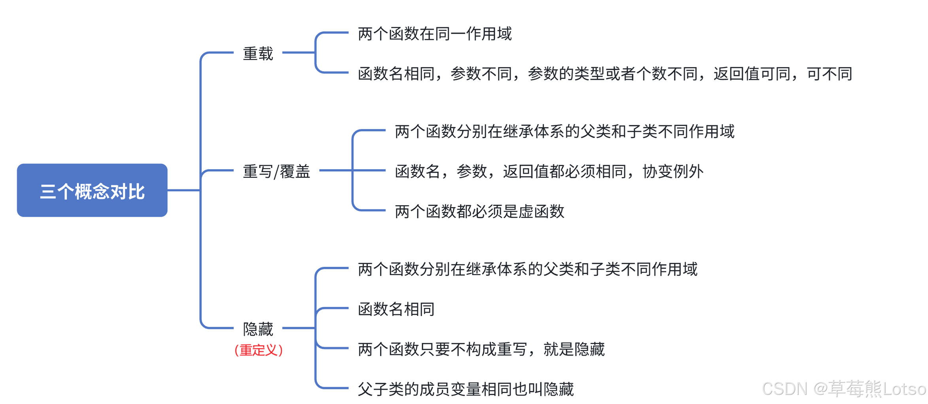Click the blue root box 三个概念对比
92,190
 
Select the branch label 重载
258,53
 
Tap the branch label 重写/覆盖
276,171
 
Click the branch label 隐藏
258,328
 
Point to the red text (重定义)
258,350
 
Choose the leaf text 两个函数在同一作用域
435,34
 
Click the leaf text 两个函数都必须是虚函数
479,211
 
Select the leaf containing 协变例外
549,171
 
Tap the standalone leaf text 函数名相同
396,309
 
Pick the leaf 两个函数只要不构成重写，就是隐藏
481,349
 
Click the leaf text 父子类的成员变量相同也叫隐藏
466,389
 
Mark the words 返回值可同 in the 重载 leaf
752,74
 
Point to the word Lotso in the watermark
904,389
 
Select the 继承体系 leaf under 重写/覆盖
564,131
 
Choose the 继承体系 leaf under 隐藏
527,269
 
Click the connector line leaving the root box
184,190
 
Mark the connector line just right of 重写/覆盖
335,170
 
